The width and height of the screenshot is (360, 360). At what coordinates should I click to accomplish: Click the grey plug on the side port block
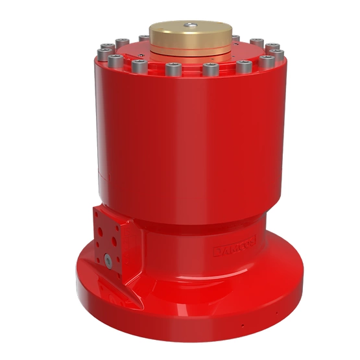click(x=106, y=260)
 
